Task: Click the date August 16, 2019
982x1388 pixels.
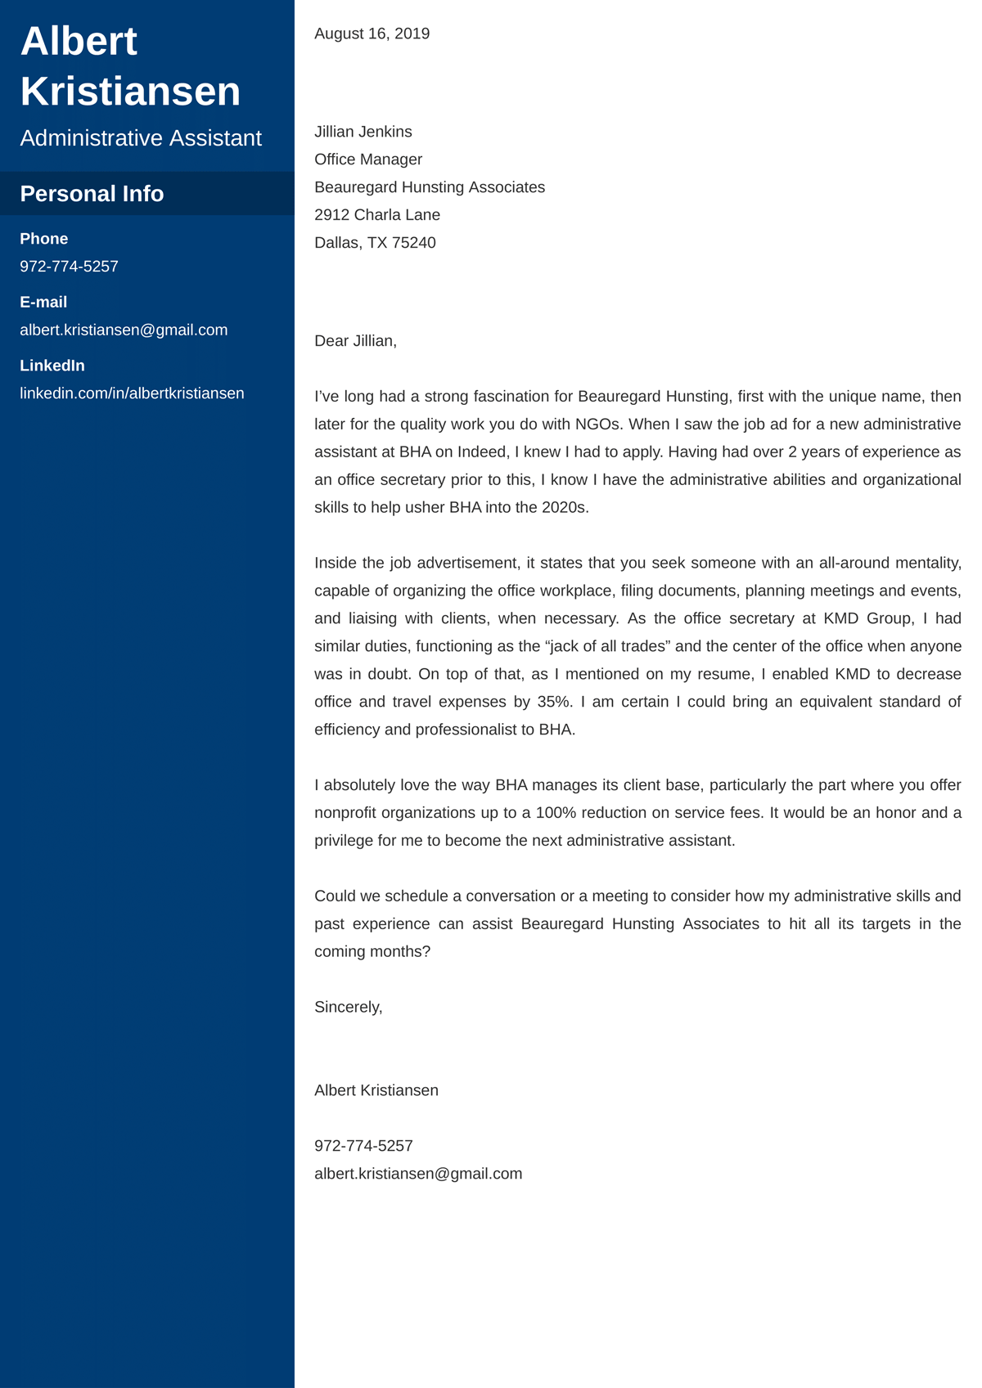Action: point(372,34)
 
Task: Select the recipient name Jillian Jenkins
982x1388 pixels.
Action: point(363,132)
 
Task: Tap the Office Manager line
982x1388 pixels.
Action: point(368,159)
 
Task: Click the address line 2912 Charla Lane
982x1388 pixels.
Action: point(376,215)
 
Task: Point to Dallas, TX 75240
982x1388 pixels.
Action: point(375,243)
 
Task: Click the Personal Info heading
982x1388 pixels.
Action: point(92,194)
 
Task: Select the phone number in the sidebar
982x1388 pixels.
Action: point(69,267)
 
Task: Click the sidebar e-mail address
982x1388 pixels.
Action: point(124,330)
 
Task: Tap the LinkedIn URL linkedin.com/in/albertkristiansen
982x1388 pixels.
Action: point(132,393)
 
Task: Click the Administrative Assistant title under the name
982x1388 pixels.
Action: point(141,138)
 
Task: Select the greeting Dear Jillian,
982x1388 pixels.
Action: point(355,341)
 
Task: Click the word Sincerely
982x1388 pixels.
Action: point(347,1008)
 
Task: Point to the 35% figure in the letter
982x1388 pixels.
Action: point(554,702)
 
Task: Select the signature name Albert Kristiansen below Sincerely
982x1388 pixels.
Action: point(376,1090)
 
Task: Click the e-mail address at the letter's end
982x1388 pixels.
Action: point(417,1174)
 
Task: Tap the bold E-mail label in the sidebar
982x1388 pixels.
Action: point(43,303)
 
